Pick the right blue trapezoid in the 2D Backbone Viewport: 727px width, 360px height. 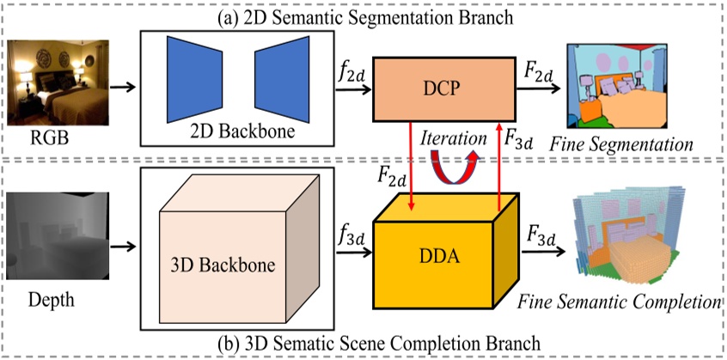click(280, 78)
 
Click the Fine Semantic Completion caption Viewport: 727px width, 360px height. click(620, 302)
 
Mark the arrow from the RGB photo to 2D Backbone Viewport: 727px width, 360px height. click(123, 87)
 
